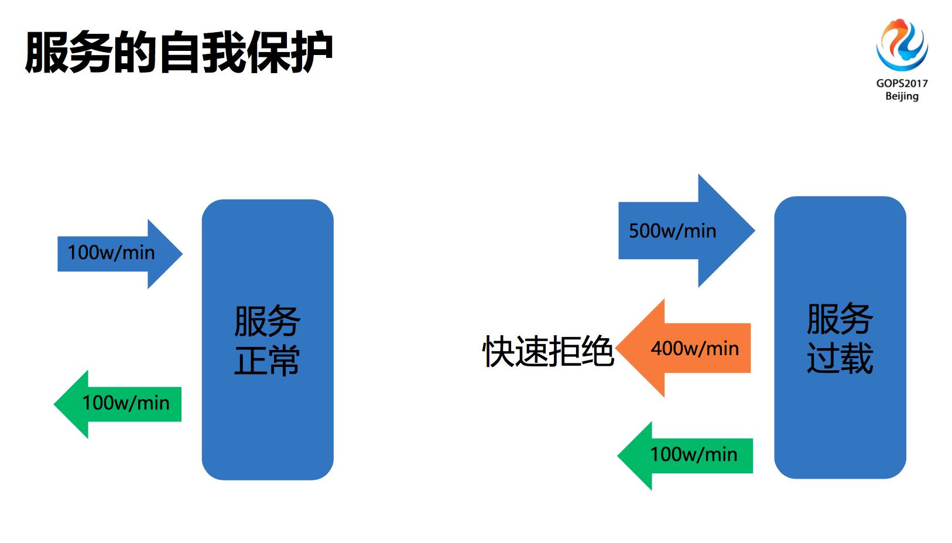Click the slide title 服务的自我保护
[179, 53]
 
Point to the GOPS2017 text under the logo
[902, 83]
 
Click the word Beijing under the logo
[902, 96]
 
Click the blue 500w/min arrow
[685, 231]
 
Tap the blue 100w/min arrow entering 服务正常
[117, 253]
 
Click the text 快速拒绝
[547, 352]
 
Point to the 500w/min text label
[672, 231]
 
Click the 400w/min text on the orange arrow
[694, 349]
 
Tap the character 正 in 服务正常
[250, 360]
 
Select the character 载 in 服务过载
[857, 358]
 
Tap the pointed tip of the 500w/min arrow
[753, 231]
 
